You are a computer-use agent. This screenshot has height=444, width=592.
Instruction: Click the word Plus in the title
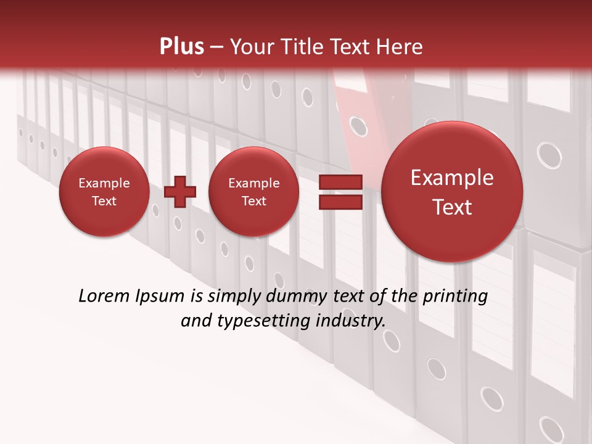point(181,47)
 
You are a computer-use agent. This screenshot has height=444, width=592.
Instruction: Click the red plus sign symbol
point(179,192)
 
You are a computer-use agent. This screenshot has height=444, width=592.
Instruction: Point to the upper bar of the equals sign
point(339,182)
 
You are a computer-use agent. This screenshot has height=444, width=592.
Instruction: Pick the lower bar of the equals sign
point(339,202)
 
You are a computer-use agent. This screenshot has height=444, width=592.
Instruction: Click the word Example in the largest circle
point(452,178)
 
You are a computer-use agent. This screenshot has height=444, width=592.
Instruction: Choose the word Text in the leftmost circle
point(104,201)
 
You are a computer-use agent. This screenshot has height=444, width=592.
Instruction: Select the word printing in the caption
point(456,297)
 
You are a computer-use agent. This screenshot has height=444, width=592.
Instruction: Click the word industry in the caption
point(350,321)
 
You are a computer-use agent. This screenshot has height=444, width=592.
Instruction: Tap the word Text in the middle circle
point(253,201)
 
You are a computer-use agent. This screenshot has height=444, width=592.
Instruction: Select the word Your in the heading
point(252,47)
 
